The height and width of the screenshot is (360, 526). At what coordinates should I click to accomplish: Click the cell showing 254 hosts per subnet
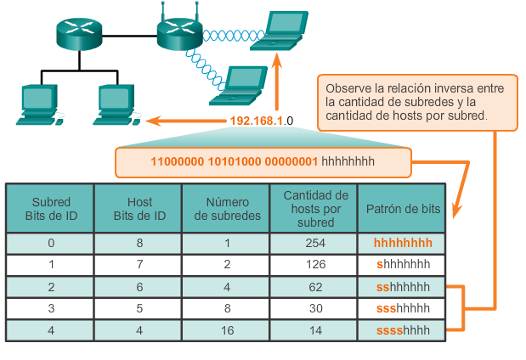coord(315,243)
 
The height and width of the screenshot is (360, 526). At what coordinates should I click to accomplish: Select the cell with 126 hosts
coord(315,265)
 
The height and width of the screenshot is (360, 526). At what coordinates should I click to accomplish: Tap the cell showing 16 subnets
coord(227,329)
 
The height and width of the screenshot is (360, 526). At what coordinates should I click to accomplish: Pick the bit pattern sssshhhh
coord(403,329)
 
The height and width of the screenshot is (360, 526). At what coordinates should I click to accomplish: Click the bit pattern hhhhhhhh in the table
coord(403,243)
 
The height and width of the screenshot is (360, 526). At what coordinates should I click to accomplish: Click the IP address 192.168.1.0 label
coord(261,121)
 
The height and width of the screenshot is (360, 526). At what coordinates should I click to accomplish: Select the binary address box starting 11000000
coord(263,160)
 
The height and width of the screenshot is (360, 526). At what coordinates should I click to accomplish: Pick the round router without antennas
coord(79,32)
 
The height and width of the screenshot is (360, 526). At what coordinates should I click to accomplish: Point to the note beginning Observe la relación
coord(417,102)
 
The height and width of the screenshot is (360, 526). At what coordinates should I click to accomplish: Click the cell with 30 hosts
coord(315,308)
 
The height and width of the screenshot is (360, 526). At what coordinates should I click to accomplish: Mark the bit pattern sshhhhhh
coord(403,287)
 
